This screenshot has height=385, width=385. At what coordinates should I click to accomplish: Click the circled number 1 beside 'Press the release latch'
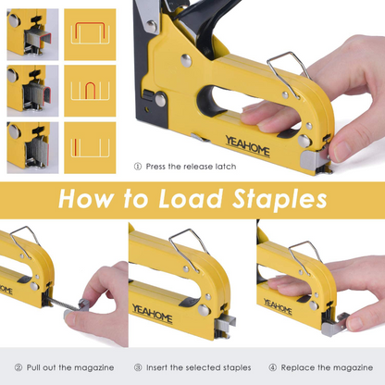(x=138, y=167)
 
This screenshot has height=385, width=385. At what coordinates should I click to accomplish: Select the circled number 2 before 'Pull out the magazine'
(x=18, y=366)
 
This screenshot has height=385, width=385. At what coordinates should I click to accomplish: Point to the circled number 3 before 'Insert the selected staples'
(x=138, y=366)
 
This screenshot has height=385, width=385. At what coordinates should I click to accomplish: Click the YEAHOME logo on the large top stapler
(x=246, y=145)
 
